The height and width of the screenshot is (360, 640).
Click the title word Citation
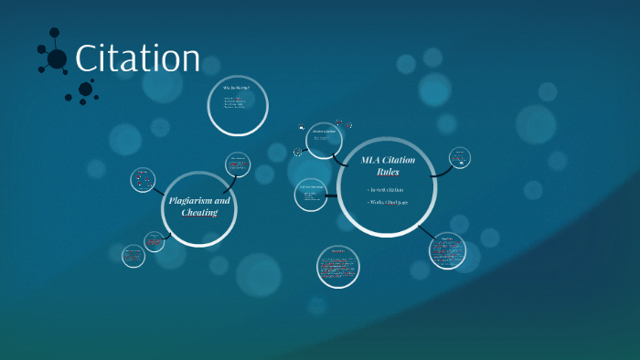[x=137, y=58]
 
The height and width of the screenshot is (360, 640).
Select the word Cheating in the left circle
[x=199, y=212]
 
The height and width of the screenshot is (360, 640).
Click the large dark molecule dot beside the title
[x=57, y=58]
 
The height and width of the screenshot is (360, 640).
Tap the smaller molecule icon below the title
[x=85, y=90]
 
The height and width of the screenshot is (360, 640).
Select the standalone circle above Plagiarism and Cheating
[x=238, y=105]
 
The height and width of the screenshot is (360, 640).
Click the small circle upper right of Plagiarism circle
[x=238, y=164]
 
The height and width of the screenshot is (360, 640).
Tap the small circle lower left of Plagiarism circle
[x=133, y=255]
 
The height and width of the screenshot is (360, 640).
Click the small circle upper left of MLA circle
[x=325, y=140]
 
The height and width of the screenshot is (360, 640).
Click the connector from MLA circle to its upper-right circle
[x=440, y=171]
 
